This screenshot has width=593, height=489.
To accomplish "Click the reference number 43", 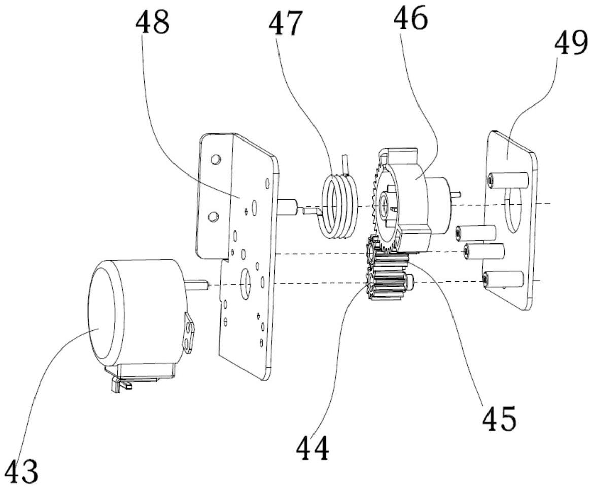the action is [23, 470].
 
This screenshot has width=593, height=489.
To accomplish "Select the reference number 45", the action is [499, 418].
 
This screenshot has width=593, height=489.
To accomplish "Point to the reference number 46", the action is [410, 17].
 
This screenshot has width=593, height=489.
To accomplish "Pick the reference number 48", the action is [153, 21].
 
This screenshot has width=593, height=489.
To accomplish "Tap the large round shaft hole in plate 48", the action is [246, 282].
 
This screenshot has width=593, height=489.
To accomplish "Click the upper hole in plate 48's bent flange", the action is [215, 160].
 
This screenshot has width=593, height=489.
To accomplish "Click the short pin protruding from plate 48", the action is [288, 207].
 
